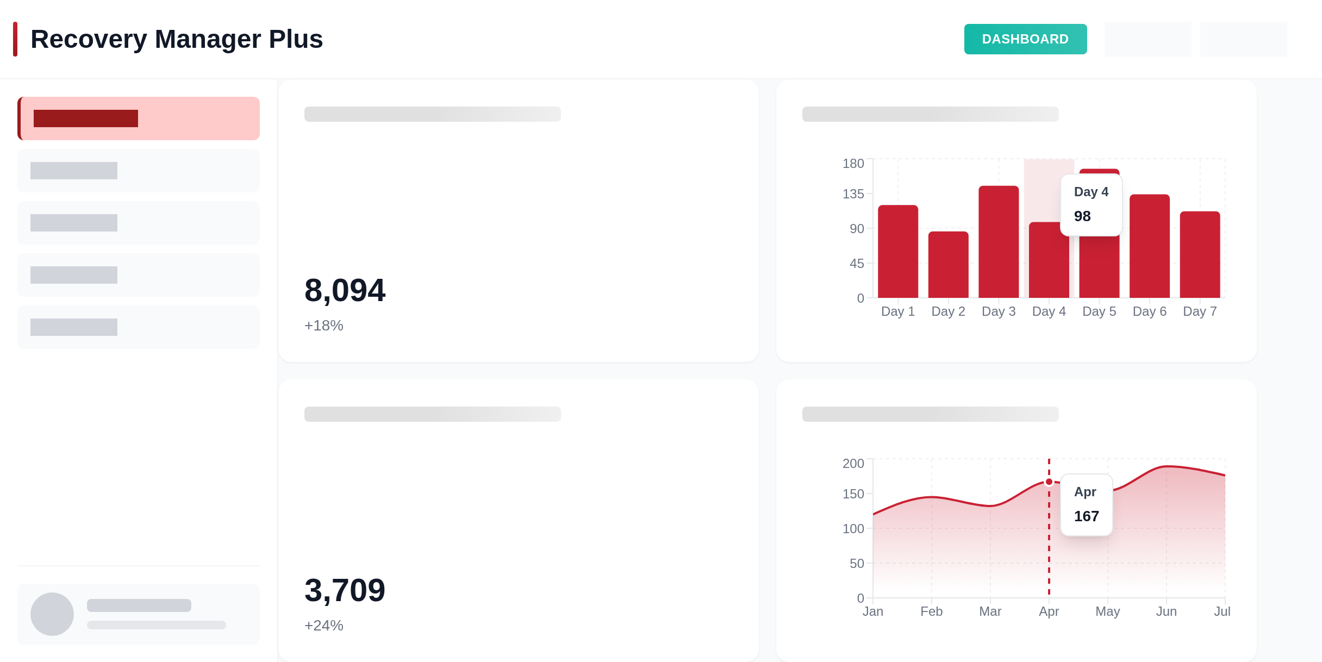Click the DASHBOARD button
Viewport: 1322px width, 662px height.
coord(1025,39)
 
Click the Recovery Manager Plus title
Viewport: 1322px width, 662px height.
coord(177,39)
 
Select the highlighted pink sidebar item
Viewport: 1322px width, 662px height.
coord(139,118)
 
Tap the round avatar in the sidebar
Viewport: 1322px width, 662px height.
coord(52,614)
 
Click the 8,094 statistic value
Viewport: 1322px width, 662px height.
coord(345,290)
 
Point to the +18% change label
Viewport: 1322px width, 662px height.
coord(324,326)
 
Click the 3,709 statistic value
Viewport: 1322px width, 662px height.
coord(345,590)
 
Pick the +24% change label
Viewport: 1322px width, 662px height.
coord(324,626)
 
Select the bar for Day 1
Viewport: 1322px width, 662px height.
coord(898,251)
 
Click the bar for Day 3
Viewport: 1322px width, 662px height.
coord(999,242)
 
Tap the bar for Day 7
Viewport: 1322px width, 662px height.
coord(1200,254)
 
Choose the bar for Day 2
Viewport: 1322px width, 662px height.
coord(948,265)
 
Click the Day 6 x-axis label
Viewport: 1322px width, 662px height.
coord(1150,311)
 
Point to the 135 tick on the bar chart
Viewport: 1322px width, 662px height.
coord(853,194)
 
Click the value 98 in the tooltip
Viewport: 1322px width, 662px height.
coord(1082,216)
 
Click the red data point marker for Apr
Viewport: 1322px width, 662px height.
coord(1049,482)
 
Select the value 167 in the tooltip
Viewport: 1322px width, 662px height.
coord(1086,516)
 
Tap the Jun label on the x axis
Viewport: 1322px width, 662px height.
coord(1167,611)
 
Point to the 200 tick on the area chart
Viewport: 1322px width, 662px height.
coord(853,464)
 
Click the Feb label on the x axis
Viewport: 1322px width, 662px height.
coord(932,611)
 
